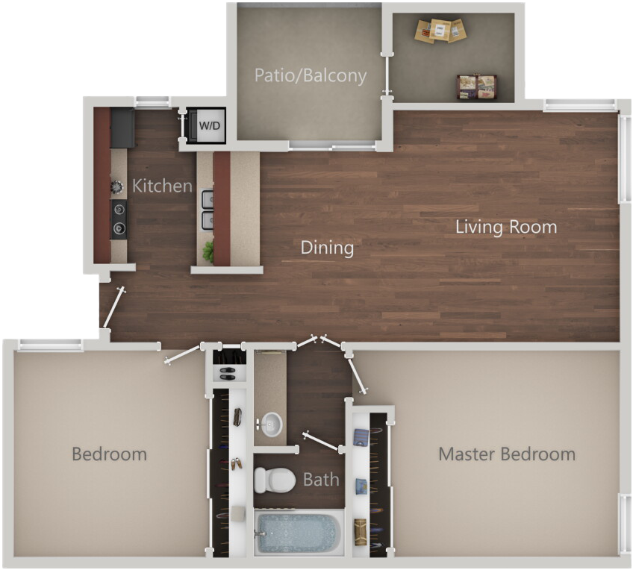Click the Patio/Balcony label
(x=311, y=75)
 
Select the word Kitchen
(x=162, y=186)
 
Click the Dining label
(x=327, y=248)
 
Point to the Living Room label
(x=506, y=227)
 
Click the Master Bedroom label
(x=506, y=454)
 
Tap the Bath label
(x=321, y=479)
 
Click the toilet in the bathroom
(x=274, y=479)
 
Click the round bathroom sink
(x=271, y=423)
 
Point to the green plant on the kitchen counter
(x=209, y=252)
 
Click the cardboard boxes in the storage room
(x=441, y=31)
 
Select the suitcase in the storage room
(x=477, y=86)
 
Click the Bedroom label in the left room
(x=109, y=454)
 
